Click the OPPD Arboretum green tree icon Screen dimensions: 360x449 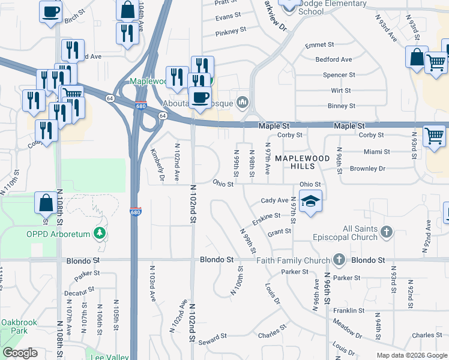(101, 233)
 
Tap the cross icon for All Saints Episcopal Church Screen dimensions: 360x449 (387, 232)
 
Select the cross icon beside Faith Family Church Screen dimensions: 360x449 (340, 260)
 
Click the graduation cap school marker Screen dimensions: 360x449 (310, 202)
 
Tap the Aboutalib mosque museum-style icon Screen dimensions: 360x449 (243, 101)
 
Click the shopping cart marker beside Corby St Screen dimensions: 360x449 (434, 136)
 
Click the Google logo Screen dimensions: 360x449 (20, 353)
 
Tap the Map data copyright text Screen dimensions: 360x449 (412, 355)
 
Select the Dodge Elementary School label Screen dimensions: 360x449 (331, 7)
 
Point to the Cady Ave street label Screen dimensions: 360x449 (274, 200)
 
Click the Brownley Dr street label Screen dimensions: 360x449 (384, 169)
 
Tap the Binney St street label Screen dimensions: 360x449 (342, 106)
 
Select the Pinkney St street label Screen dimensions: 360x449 (231, 30)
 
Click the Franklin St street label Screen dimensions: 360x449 (349, 310)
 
